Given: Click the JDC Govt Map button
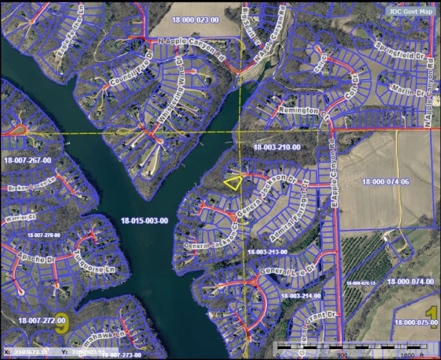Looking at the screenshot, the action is [x=409, y=11].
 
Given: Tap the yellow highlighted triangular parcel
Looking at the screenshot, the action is [x=233, y=182].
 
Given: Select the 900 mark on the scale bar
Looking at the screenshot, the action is [x=342, y=355].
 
